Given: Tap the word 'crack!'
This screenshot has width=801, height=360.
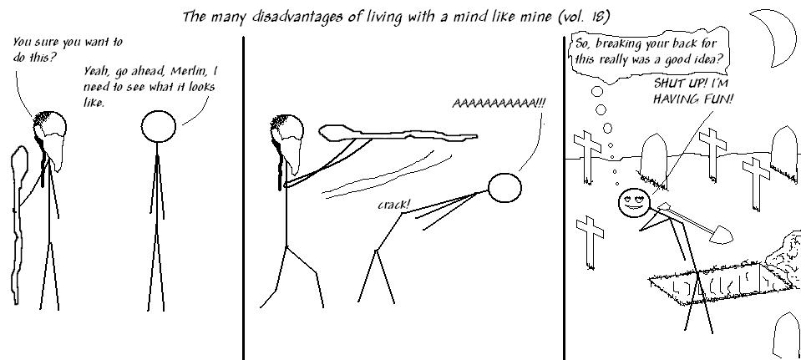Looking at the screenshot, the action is [x=393, y=205].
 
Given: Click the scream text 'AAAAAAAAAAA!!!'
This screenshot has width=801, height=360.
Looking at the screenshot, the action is [x=499, y=103].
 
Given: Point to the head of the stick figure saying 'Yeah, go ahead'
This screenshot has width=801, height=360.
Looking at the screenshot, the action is [x=159, y=126].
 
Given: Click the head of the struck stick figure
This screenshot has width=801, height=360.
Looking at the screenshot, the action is [x=504, y=188].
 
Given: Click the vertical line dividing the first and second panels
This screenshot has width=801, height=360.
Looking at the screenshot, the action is [x=243, y=198].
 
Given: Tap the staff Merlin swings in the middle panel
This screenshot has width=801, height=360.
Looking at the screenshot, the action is [x=398, y=134].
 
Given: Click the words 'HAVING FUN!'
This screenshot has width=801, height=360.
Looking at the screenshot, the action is [x=693, y=99].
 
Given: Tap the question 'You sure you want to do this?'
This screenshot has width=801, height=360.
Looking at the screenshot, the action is [x=68, y=48].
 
